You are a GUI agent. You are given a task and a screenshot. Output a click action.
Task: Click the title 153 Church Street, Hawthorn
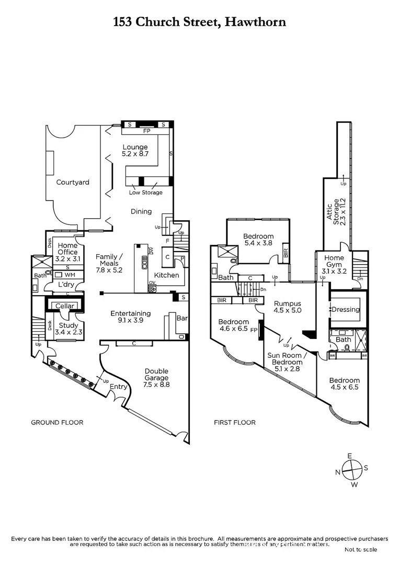tap(199, 22)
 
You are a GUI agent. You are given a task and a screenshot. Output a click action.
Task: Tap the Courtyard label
tap(73, 183)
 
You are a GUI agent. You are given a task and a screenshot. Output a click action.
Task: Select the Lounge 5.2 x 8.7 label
tap(135, 151)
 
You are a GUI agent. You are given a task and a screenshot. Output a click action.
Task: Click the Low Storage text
tap(146, 193)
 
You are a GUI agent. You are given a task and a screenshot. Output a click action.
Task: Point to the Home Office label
tap(67, 248)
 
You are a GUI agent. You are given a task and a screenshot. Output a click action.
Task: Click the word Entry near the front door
tap(119, 387)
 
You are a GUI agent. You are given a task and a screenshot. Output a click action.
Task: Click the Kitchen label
tap(166, 275)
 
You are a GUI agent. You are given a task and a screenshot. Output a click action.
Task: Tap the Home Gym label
tap(334, 261)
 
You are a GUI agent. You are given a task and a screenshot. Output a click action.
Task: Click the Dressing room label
tap(346, 309)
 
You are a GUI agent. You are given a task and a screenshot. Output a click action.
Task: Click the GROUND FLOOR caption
tap(57, 422)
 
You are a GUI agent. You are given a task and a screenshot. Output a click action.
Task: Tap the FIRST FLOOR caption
tap(235, 422)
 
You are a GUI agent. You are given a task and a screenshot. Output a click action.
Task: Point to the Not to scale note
tap(361, 549)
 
